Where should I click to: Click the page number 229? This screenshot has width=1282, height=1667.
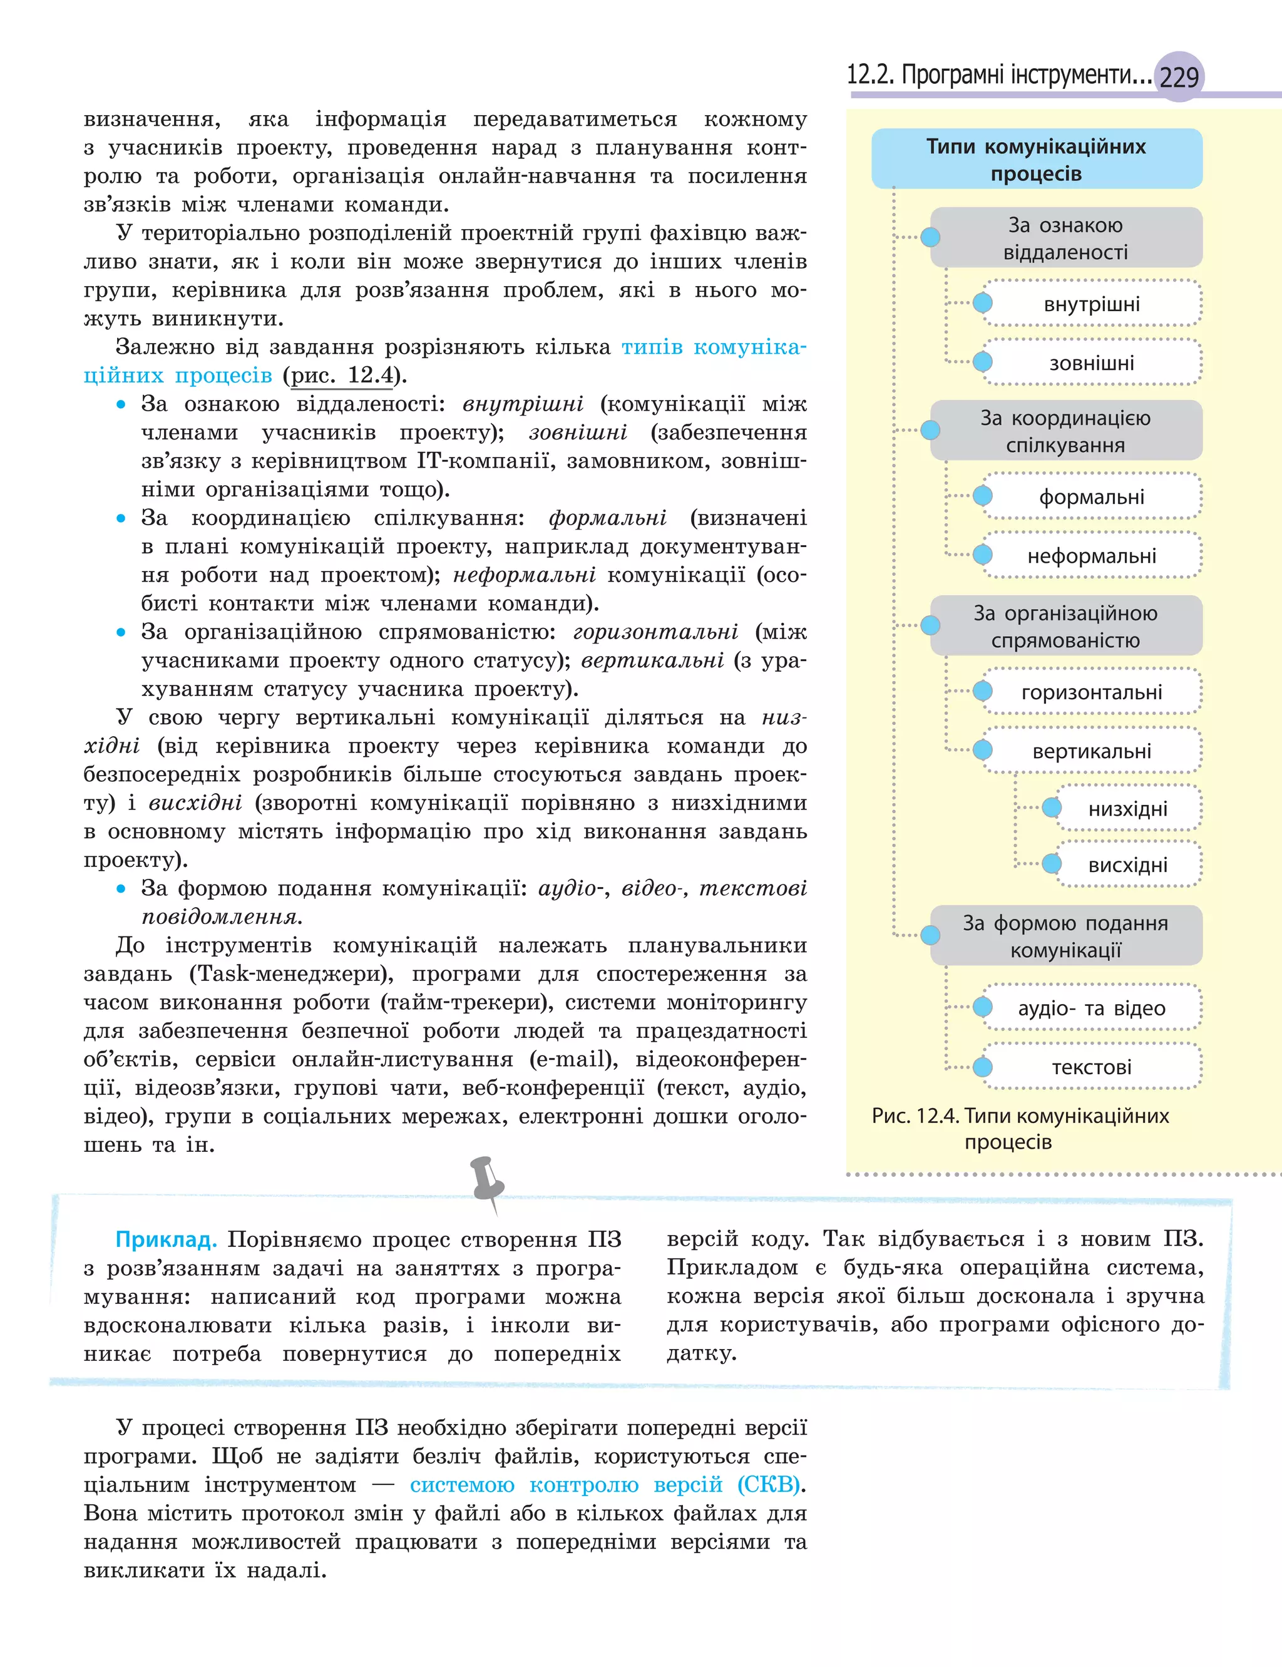(1179, 77)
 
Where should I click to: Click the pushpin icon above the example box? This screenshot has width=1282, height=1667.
(486, 1182)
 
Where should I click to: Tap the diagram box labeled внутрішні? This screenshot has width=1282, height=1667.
(1091, 304)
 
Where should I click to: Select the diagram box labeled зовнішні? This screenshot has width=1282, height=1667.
(1091, 362)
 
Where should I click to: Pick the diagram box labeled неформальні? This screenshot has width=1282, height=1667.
(1091, 555)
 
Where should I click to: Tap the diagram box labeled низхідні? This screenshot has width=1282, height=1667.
(1127, 808)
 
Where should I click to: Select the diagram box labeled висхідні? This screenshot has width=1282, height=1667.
(1127, 864)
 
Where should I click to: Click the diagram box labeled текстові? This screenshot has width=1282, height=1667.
(1091, 1067)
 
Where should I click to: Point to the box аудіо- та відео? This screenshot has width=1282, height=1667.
(1091, 1008)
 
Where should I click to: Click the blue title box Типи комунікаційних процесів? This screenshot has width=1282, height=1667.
(1036, 159)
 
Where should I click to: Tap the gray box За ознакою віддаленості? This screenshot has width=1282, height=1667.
(1065, 237)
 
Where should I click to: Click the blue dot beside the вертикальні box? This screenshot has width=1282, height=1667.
(983, 750)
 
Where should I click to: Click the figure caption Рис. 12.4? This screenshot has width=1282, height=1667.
(1020, 1127)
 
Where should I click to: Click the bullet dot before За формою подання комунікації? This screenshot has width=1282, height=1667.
(121, 889)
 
